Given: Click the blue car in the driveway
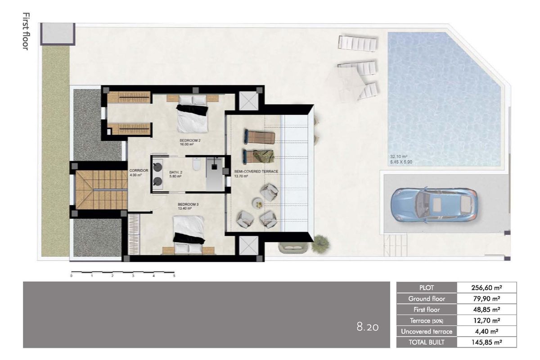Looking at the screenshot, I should [x=434, y=204].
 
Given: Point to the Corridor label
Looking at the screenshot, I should [x=135, y=172].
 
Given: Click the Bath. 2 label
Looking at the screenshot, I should [x=175, y=174].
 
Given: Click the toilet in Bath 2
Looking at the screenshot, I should [x=196, y=165].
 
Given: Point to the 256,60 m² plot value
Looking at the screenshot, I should [x=486, y=288].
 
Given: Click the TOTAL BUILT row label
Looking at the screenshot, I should [x=426, y=342].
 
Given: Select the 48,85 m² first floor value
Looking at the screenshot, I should [x=486, y=310].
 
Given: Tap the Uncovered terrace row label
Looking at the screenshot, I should [x=426, y=331].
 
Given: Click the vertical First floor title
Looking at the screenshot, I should [x=25, y=31].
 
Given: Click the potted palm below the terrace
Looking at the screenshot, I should [x=320, y=242].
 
